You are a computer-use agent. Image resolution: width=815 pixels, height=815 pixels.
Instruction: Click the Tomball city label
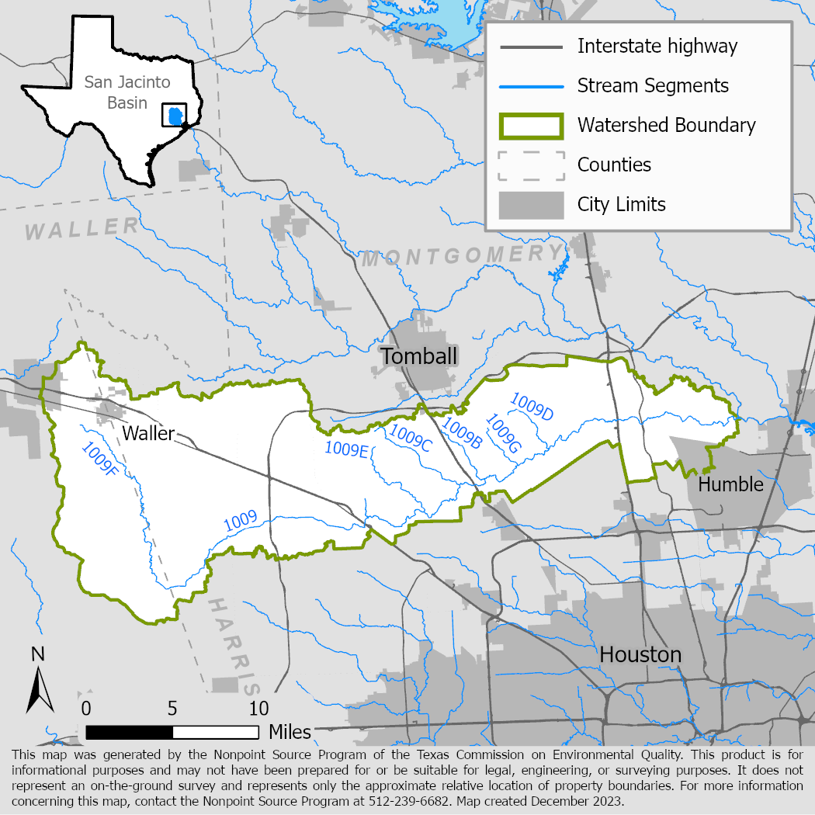[419, 356]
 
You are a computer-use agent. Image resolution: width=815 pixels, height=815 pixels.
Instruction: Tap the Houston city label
[640, 654]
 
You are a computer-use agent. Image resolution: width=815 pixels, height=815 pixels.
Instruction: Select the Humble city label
[730, 484]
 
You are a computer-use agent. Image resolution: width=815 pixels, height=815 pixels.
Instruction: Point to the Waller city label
[148, 433]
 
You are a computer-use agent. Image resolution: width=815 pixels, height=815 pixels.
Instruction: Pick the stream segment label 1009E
[345, 448]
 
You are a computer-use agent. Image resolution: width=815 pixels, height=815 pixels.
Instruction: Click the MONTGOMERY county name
[463, 255]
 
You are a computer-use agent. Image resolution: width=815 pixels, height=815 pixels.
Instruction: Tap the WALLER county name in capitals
[81, 227]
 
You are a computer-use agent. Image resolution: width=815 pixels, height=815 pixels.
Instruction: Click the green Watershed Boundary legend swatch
[531, 125]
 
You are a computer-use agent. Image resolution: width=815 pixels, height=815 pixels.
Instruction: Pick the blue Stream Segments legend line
[531, 85]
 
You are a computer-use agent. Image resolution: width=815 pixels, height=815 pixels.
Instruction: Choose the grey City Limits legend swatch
[531, 205]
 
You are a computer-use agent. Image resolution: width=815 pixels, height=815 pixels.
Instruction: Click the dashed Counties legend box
[531, 165]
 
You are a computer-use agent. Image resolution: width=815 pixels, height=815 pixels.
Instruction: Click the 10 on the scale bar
[258, 708]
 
